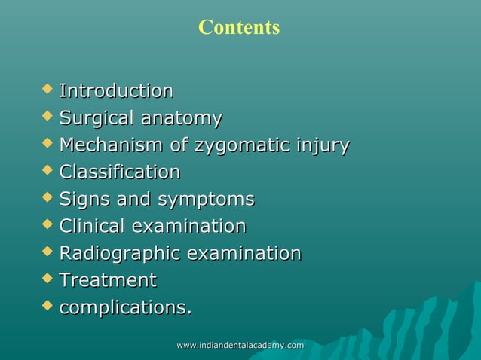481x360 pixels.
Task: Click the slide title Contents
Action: pos(239,28)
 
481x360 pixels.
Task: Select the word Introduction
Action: pos(116,91)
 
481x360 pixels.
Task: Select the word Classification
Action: pos(120,172)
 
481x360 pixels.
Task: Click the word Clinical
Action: pos(93,226)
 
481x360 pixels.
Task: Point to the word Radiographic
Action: pos(120,253)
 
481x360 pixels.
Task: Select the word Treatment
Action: pos(108,280)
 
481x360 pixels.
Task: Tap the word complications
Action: pos(124,307)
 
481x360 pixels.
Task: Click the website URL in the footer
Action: pos(240,345)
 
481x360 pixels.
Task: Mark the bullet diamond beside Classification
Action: pos(48,171)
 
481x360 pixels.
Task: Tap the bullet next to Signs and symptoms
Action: pos(48,198)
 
